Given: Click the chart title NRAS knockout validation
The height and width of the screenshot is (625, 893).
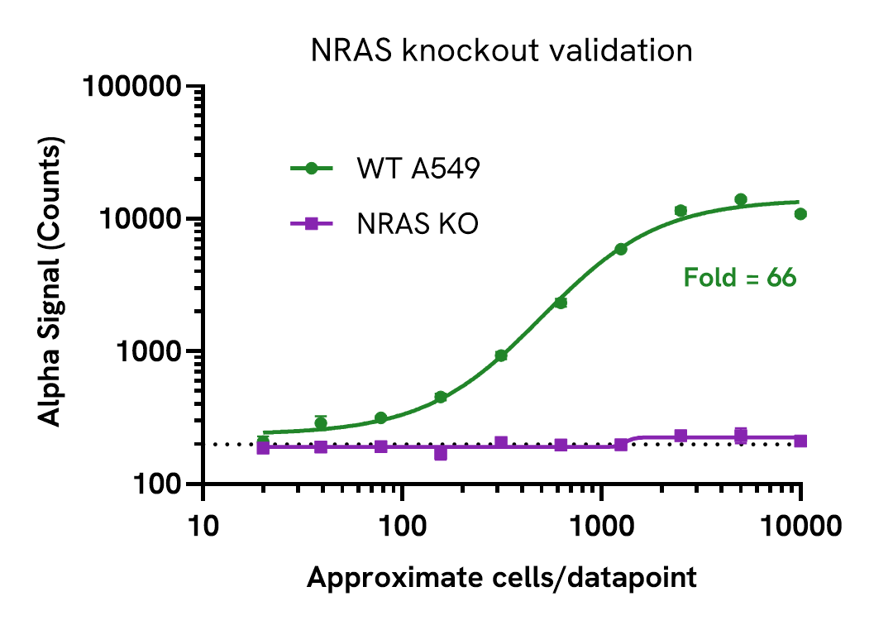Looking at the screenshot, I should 502,51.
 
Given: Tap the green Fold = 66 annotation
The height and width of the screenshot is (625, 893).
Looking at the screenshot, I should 739,278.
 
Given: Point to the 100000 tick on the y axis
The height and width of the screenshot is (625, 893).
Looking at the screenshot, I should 136,87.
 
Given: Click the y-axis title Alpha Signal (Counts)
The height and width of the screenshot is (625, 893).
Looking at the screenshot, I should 51,284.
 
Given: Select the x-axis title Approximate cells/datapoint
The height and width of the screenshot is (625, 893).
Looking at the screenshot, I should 502,578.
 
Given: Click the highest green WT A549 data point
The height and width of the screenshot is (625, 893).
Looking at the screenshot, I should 741,199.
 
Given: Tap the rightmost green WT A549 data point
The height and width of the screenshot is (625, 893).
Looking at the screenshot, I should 800,214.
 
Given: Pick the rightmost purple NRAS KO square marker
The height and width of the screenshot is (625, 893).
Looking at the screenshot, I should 800,441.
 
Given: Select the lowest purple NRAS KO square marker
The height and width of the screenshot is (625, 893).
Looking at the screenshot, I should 441,454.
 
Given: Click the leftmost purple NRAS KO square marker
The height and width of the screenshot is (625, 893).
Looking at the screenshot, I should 263,447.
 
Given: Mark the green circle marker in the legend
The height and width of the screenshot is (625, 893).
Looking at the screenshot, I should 312,168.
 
